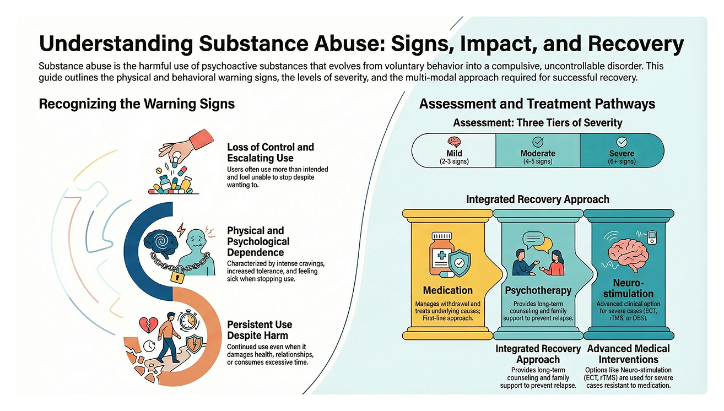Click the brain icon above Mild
point(455,142)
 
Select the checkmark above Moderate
point(538,142)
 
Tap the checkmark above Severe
point(622,142)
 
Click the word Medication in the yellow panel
point(447,290)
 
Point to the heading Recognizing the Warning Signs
point(137,104)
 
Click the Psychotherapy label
point(538,290)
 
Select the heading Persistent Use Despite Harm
point(260,329)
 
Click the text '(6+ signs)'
point(622,161)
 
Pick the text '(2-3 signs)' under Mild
point(455,161)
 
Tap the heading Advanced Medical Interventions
point(628,354)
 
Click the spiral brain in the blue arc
point(163,241)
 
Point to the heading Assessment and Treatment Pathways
point(537,103)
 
